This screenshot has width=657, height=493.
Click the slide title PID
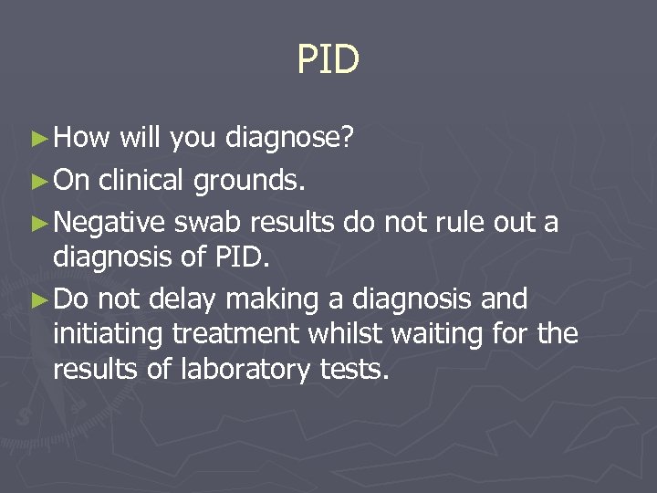click(x=328, y=60)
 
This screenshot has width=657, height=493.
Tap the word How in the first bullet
click(x=81, y=138)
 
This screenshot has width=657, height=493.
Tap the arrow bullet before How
click(x=41, y=140)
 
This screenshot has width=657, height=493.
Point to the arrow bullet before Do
click(x=41, y=299)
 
